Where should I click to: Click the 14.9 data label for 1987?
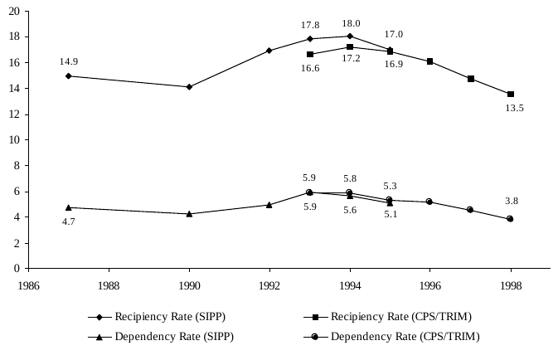[69, 61]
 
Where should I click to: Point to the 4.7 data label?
[69, 222]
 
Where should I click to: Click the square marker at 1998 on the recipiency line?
[510, 95]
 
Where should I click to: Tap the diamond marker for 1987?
[68, 76]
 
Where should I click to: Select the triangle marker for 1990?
[189, 213]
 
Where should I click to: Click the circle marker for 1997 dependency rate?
[470, 210]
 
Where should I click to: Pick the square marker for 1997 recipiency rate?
[470, 79]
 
